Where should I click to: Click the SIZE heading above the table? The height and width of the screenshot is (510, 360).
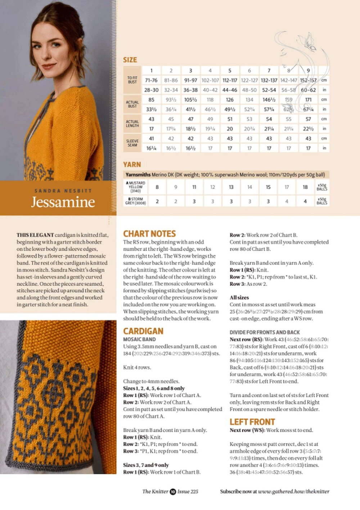[x=130, y=60]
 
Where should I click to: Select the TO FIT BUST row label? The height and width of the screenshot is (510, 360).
[x=132, y=80]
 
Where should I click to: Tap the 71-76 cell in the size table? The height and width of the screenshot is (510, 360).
[x=151, y=80]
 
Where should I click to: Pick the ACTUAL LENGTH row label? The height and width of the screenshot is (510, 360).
[x=132, y=124]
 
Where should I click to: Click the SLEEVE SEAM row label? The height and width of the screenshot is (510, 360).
[x=132, y=143]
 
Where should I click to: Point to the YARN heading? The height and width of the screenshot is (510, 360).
[x=132, y=165]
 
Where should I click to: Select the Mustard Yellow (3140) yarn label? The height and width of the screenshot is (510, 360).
[x=135, y=187]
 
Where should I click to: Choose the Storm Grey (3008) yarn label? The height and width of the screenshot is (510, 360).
[x=135, y=201]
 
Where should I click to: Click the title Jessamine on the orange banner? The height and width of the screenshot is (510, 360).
[x=63, y=202]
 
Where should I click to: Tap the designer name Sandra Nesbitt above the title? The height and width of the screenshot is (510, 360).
[x=63, y=191]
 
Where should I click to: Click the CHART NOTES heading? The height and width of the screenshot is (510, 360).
[x=149, y=234]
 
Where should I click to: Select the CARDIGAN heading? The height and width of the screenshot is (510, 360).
[x=143, y=331]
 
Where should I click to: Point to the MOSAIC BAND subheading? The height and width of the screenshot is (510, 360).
[x=140, y=339]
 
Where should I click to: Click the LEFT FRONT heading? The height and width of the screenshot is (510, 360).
[x=252, y=422]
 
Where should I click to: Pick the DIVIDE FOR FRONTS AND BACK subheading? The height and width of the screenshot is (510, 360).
[x=265, y=332]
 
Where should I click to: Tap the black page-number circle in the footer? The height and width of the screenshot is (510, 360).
[x=173, y=491]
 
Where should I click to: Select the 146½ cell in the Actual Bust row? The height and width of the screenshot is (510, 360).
[x=269, y=100]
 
